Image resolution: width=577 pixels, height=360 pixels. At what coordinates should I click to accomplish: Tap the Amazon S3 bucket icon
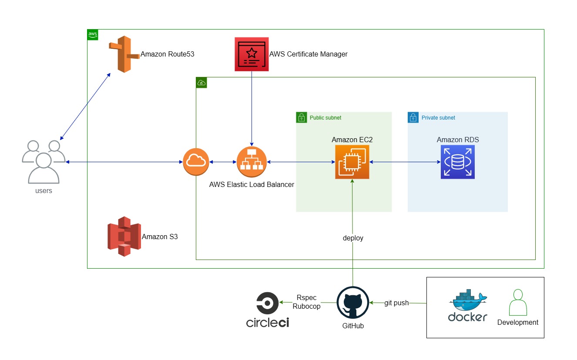124,237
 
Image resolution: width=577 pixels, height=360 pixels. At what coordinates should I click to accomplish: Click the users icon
44,161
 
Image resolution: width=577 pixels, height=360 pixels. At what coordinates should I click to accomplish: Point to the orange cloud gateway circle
196,162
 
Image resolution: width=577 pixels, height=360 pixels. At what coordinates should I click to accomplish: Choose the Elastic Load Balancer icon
252,162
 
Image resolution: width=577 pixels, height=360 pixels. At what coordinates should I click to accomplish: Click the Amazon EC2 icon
352,162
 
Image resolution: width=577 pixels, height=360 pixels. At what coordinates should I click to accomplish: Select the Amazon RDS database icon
457,162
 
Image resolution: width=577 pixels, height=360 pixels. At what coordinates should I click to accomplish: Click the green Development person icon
517,303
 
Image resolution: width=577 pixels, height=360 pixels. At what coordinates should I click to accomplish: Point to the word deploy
353,238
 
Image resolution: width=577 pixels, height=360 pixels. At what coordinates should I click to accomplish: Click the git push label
396,303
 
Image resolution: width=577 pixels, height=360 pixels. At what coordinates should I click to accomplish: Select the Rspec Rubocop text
306,302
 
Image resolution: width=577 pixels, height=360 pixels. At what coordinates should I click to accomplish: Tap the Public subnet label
325,118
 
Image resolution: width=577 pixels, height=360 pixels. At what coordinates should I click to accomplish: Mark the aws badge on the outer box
93,34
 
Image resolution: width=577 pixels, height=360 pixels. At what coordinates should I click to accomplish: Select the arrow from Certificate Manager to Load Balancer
252,109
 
